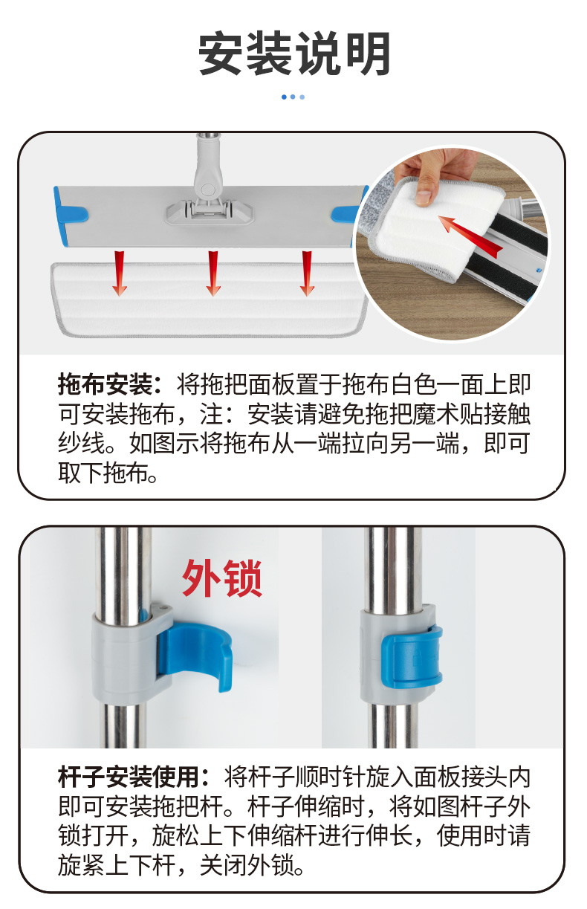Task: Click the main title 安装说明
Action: click(294, 54)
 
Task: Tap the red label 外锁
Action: click(222, 578)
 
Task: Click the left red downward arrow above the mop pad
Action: click(120, 273)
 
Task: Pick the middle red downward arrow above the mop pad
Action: click(213, 273)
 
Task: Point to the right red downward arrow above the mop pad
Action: click(307, 273)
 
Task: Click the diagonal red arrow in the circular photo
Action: click(470, 236)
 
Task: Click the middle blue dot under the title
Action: click(293, 97)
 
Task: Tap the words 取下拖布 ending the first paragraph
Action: click(103, 473)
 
